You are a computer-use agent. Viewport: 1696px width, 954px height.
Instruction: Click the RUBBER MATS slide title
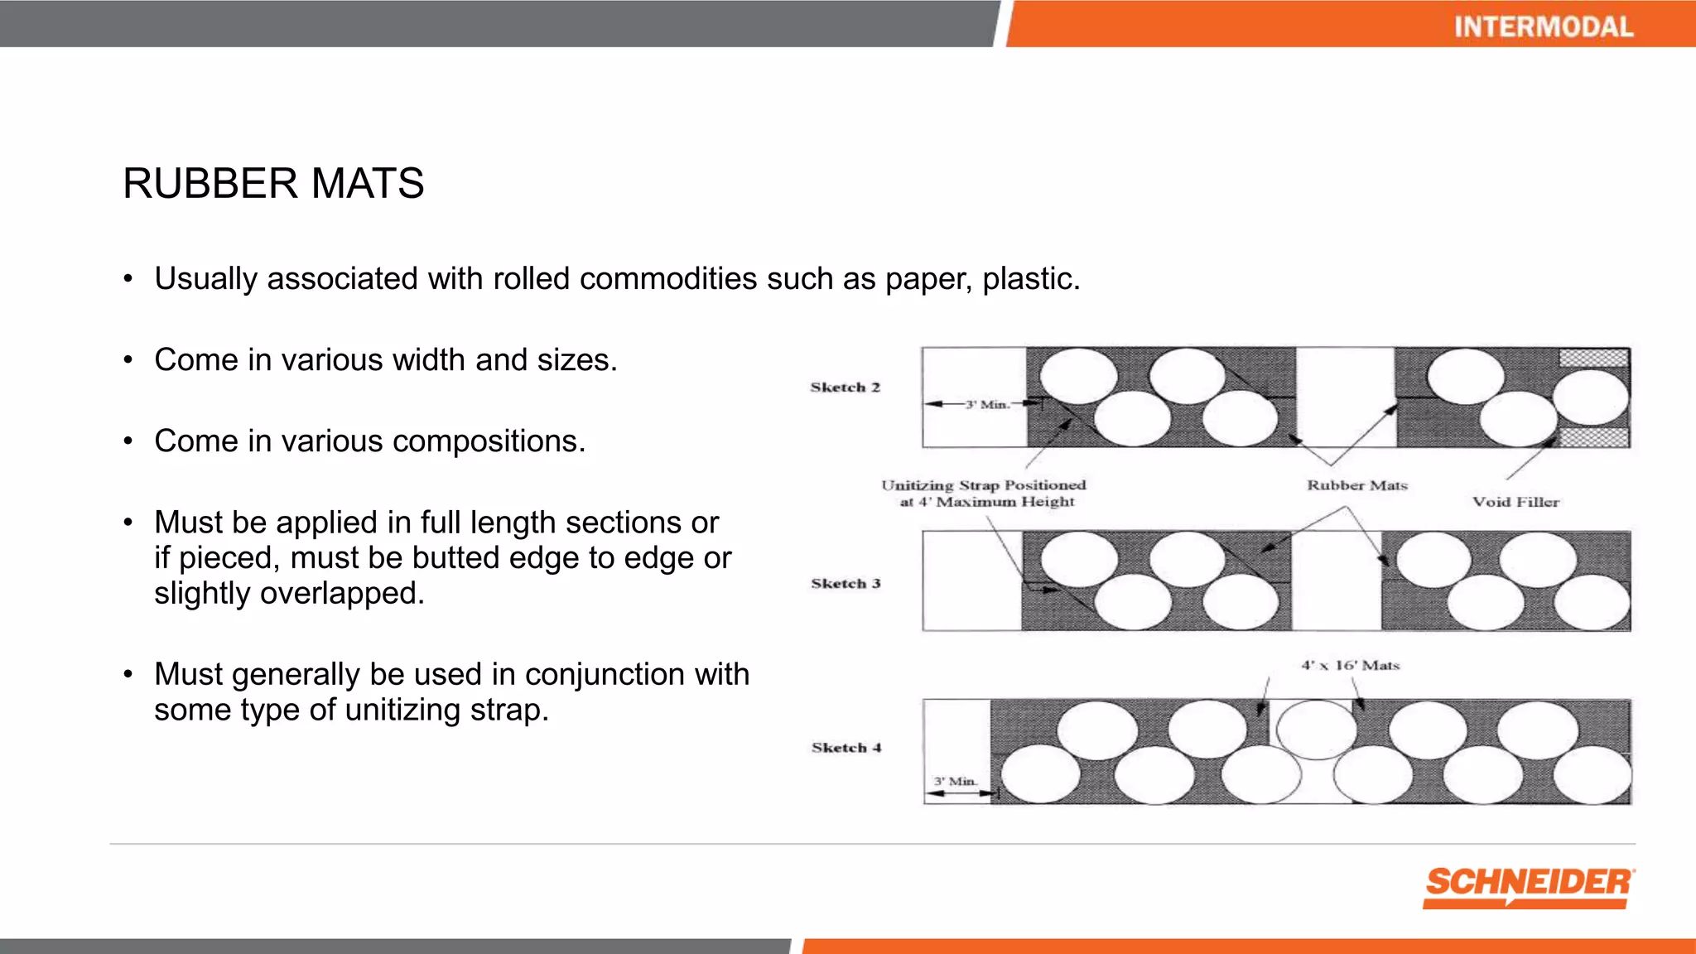tap(273, 183)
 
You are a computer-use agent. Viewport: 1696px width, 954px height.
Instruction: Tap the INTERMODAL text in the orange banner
tap(1544, 26)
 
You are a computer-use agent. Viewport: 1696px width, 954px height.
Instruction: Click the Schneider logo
tap(1529, 886)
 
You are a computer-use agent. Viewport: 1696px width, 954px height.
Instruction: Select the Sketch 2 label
tap(845, 388)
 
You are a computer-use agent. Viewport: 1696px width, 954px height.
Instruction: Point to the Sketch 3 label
tap(846, 584)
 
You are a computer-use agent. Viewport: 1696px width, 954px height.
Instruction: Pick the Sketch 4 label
tap(846, 748)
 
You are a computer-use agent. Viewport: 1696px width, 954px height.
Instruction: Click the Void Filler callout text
tap(1515, 502)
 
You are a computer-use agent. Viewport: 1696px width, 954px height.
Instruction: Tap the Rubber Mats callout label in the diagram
tap(1357, 485)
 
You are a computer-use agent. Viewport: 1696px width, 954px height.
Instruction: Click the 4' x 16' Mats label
tap(1350, 665)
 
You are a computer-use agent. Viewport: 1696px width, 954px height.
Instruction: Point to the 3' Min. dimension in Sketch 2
tap(987, 404)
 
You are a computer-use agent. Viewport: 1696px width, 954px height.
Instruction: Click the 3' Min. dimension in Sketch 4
tap(956, 781)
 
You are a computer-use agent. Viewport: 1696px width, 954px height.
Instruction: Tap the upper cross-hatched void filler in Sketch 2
tap(1593, 358)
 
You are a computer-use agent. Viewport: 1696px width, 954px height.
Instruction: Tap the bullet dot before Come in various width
tap(128, 360)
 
